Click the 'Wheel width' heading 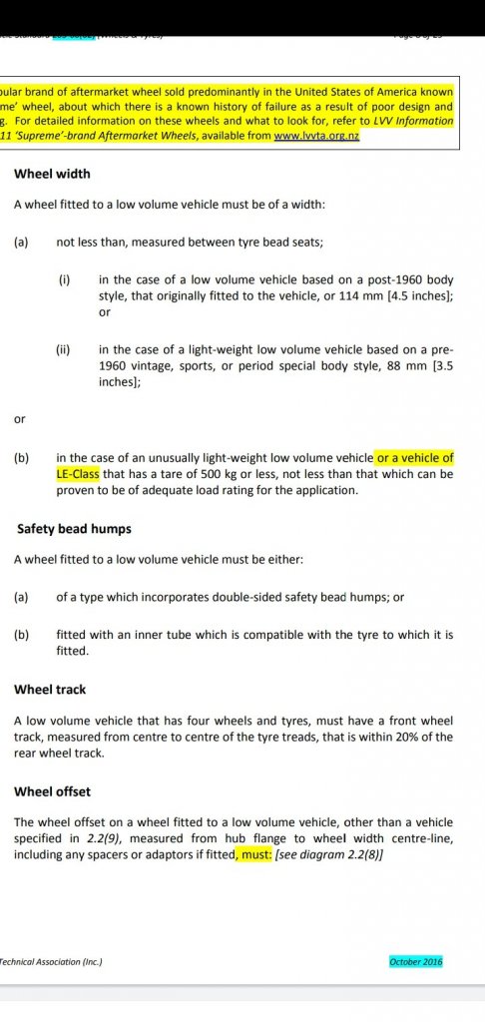click(x=52, y=174)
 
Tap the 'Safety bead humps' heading click(x=74, y=528)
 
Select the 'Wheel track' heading click(x=50, y=689)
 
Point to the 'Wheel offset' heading click(x=53, y=791)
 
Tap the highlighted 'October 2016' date click(x=415, y=962)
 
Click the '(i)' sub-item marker click(x=64, y=281)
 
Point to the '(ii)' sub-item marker click(x=65, y=349)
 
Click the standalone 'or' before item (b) click(x=20, y=419)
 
